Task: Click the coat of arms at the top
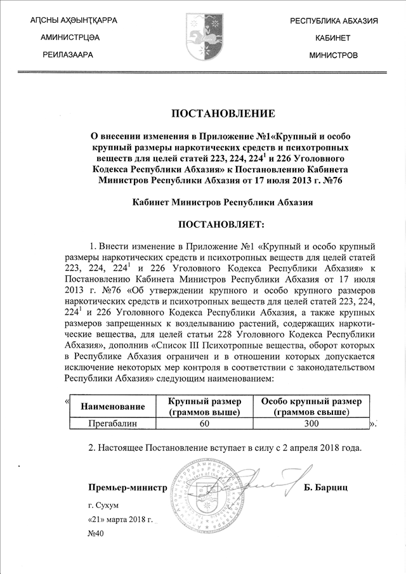pyautogui.click(x=203, y=37)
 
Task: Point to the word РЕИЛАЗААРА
pyautogui.click(x=67, y=55)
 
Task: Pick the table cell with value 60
pyautogui.click(x=204, y=422)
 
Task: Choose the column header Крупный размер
pyautogui.click(x=204, y=407)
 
